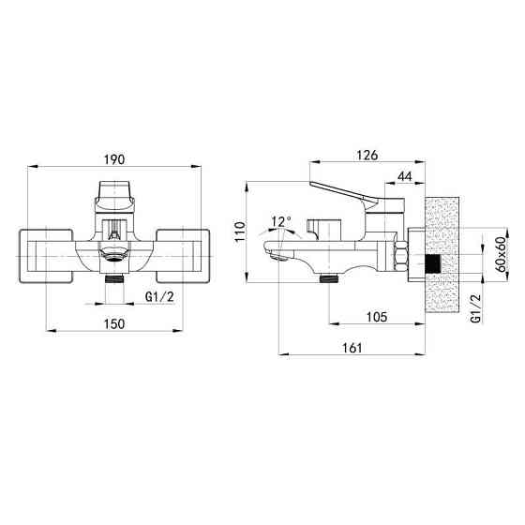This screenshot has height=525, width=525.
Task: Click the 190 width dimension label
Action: point(114,159)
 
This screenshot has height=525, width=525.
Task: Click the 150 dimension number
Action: point(114,323)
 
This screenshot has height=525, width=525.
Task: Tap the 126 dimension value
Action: point(367,156)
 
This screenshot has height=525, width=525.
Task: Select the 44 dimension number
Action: point(405,176)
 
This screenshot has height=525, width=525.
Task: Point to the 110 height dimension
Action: point(240,232)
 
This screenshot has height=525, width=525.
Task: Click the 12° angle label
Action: point(281,221)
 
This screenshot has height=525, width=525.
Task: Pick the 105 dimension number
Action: point(377,317)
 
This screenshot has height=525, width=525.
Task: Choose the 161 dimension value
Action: point(352,348)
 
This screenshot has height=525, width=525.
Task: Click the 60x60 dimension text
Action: point(501,254)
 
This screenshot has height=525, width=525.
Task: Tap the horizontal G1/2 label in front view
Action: point(159,296)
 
